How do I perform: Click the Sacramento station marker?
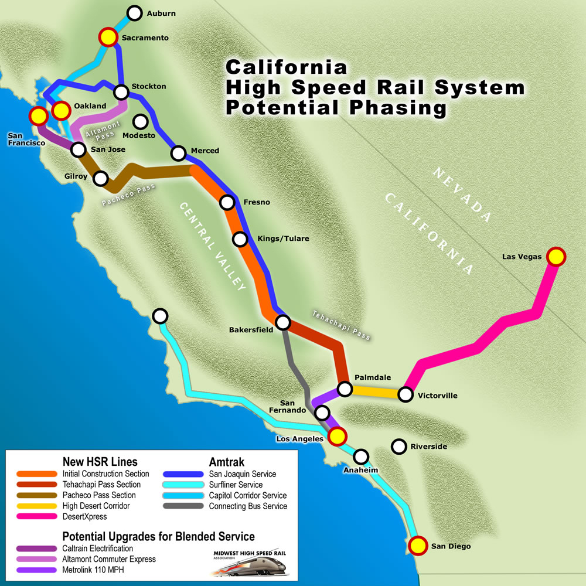(x=108, y=38)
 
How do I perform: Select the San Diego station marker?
(x=417, y=546)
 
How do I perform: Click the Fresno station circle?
(x=227, y=203)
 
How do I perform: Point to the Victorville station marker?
(x=406, y=394)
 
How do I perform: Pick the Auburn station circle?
(x=135, y=13)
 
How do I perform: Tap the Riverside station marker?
(x=399, y=447)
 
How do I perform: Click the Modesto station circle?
(x=141, y=122)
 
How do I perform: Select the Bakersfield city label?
(x=251, y=330)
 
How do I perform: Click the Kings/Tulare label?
(x=283, y=239)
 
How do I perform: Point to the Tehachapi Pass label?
(x=341, y=325)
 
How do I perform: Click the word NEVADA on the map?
(x=462, y=195)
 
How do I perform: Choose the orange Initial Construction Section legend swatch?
(x=36, y=473)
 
